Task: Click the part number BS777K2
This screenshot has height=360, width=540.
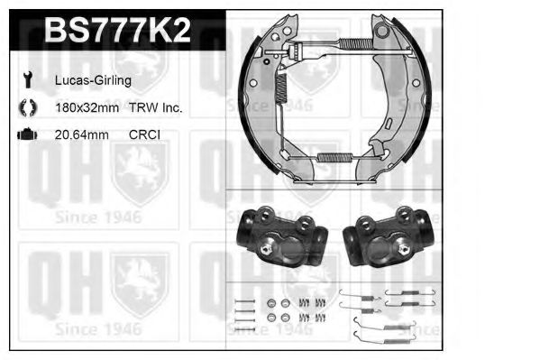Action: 117,31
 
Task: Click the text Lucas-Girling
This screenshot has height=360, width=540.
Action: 93,80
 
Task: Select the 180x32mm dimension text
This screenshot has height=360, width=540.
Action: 87,108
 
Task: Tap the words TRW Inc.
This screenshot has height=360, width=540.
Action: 155,108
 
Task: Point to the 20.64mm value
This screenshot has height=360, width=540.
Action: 82,134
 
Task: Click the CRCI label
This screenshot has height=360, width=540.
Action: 144,134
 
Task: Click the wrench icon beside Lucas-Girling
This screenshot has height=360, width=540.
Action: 28,79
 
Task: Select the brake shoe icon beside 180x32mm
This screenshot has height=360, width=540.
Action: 28,107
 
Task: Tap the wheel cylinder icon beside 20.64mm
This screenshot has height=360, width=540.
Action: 27,134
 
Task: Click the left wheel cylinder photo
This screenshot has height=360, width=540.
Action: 281,237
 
